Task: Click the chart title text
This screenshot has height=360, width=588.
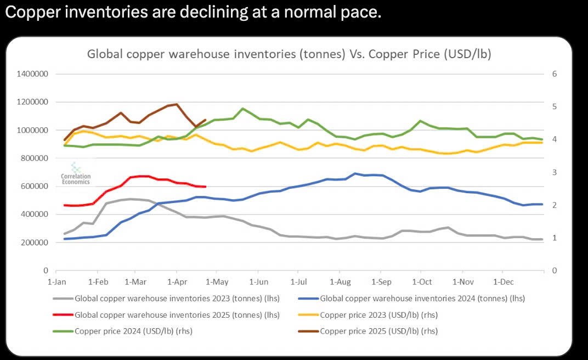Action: (x=289, y=54)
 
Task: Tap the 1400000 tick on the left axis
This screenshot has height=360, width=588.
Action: (x=32, y=74)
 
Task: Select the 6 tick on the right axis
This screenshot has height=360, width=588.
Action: (x=554, y=74)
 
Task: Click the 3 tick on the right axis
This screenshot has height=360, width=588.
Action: (x=554, y=172)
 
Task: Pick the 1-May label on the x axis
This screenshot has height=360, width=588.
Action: (x=217, y=282)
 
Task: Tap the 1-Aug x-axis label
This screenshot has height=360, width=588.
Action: (x=341, y=282)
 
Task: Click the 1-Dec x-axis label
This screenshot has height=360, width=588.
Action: (x=503, y=282)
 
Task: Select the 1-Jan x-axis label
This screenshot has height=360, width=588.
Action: (x=57, y=282)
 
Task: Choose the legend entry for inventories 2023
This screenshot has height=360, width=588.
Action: (x=167, y=299)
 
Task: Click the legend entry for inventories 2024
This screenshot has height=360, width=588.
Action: (x=411, y=299)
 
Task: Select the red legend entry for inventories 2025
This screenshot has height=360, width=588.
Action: (x=167, y=315)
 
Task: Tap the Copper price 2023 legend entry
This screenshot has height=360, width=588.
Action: (x=368, y=315)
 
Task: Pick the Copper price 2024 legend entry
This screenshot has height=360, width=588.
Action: (x=123, y=331)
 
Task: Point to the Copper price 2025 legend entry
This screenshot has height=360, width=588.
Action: (x=368, y=331)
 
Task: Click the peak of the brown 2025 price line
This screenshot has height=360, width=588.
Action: (x=177, y=104)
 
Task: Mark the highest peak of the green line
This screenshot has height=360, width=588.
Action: (x=242, y=109)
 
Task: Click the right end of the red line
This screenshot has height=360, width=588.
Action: (x=206, y=187)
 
